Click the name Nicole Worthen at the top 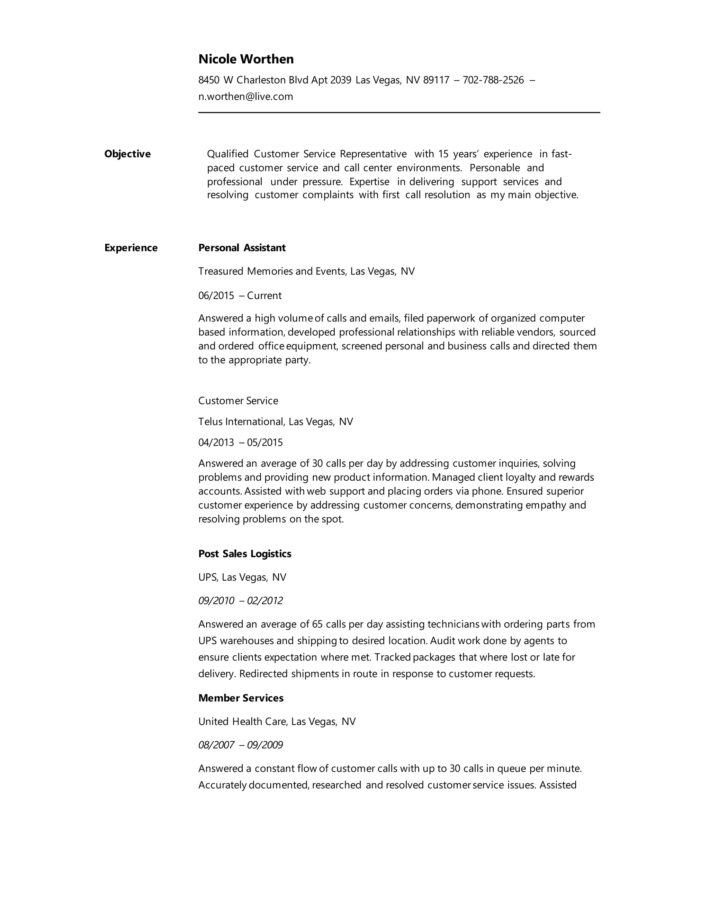[246, 59]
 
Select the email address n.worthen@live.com [246, 97]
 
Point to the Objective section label [127, 154]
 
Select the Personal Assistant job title [242, 248]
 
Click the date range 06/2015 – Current [240, 296]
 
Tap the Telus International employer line [276, 421]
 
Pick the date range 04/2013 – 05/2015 [240, 443]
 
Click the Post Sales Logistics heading [244, 554]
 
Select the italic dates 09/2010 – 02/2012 [240, 601]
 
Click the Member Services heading [241, 698]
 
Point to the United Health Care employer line [277, 722]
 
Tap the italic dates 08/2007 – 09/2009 [240, 745]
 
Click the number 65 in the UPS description [317, 624]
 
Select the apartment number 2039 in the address [341, 80]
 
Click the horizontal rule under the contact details [399, 112]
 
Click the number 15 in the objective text [443, 154]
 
